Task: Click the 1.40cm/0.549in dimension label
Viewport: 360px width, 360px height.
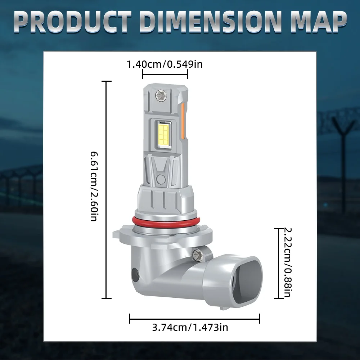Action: (165, 64)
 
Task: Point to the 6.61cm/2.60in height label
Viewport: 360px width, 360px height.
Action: (94, 186)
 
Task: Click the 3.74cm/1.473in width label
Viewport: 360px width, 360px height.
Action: (190, 327)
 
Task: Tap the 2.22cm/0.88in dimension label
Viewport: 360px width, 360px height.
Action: (288, 262)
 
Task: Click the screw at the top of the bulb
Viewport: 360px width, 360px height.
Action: (161, 95)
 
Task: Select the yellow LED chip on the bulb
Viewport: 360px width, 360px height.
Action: (163, 134)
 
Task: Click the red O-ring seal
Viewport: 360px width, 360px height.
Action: (166, 221)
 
